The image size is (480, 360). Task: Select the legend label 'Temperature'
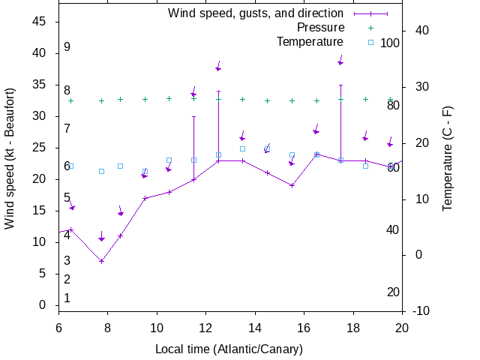[x=310, y=41]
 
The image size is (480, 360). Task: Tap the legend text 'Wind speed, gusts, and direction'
[x=256, y=13]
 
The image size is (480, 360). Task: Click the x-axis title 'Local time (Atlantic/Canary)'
[x=229, y=349]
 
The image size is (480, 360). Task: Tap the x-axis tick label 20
[x=402, y=327]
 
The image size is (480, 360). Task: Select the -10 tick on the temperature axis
[x=420, y=310]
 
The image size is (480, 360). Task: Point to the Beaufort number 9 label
[x=67, y=46]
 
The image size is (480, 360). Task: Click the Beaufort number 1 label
[x=67, y=298]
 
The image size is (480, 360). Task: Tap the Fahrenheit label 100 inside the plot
[x=390, y=43]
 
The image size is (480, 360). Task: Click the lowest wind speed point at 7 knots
[x=101, y=261]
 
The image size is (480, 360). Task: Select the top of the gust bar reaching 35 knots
[x=340, y=85]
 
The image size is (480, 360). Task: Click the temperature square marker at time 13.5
[x=242, y=148]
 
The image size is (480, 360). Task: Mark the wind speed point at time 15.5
[x=292, y=185]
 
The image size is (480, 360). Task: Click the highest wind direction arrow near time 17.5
[x=340, y=61]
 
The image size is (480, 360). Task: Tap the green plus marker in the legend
[x=370, y=27]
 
